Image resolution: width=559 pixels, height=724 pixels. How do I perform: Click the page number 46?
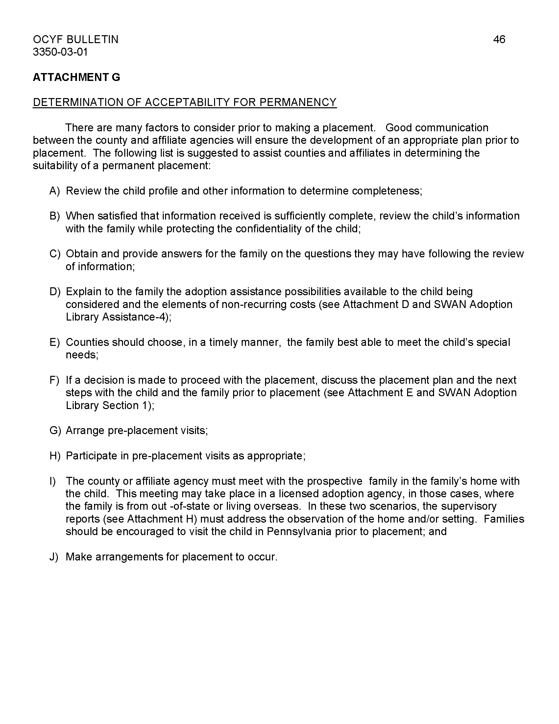(x=499, y=39)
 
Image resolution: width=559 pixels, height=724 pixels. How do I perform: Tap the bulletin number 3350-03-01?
(x=60, y=52)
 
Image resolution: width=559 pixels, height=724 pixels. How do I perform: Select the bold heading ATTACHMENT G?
(x=77, y=77)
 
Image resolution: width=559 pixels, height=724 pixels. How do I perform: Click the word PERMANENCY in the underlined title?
(x=298, y=102)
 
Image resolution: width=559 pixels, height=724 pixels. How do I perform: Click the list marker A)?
(x=55, y=191)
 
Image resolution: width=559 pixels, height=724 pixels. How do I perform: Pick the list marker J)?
(x=54, y=556)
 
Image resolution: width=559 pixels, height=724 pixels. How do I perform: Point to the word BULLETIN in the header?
(x=92, y=39)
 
